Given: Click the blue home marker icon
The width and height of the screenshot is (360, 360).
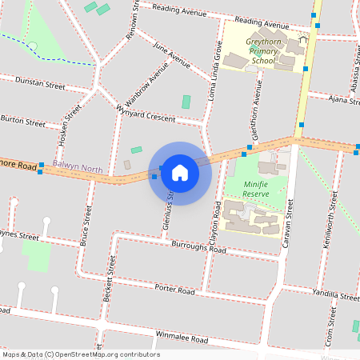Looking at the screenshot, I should tap(180, 172).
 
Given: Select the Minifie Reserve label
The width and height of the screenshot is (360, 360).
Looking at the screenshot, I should tap(254, 188).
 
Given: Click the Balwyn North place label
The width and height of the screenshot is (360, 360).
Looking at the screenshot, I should tap(77, 169).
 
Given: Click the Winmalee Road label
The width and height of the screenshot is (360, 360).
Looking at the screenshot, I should tap(182, 339).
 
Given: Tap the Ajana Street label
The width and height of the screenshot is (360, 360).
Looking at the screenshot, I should tap(345, 99).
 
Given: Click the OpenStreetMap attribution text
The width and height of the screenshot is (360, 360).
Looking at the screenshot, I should tap(80, 354).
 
